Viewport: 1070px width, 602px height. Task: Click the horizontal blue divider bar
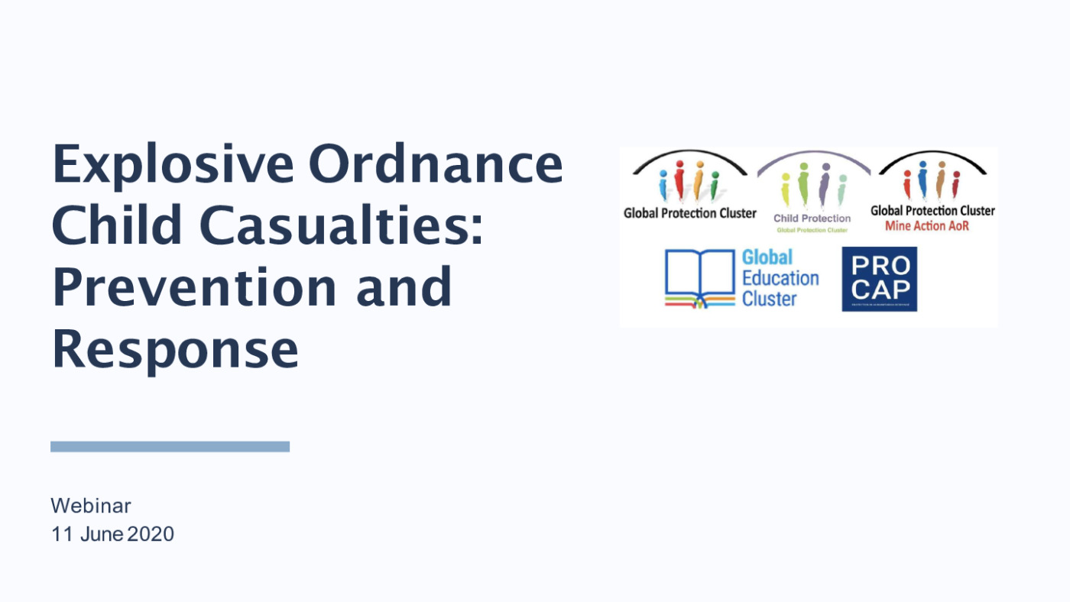(x=170, y=446)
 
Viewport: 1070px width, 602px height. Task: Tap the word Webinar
(x=91, y=506)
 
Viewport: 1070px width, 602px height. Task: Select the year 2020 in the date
(x=151, y=534)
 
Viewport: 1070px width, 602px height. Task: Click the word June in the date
(x=102, y=534)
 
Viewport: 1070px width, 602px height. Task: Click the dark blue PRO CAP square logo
(x=879, y=279)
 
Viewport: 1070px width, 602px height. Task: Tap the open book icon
(x=699, y=279)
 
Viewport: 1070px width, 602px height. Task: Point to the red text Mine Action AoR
(x=926, y=226)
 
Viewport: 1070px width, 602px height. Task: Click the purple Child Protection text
(x=812, y=218)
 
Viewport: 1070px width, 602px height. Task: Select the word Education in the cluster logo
(x=780, y=278)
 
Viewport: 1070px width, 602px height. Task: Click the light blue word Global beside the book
(x=767, y=257)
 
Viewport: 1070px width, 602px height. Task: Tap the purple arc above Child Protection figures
(x=813, y=155)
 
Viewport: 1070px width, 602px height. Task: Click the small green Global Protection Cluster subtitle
(x=812, y=230)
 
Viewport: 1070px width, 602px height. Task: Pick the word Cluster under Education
(x=770, y=299)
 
